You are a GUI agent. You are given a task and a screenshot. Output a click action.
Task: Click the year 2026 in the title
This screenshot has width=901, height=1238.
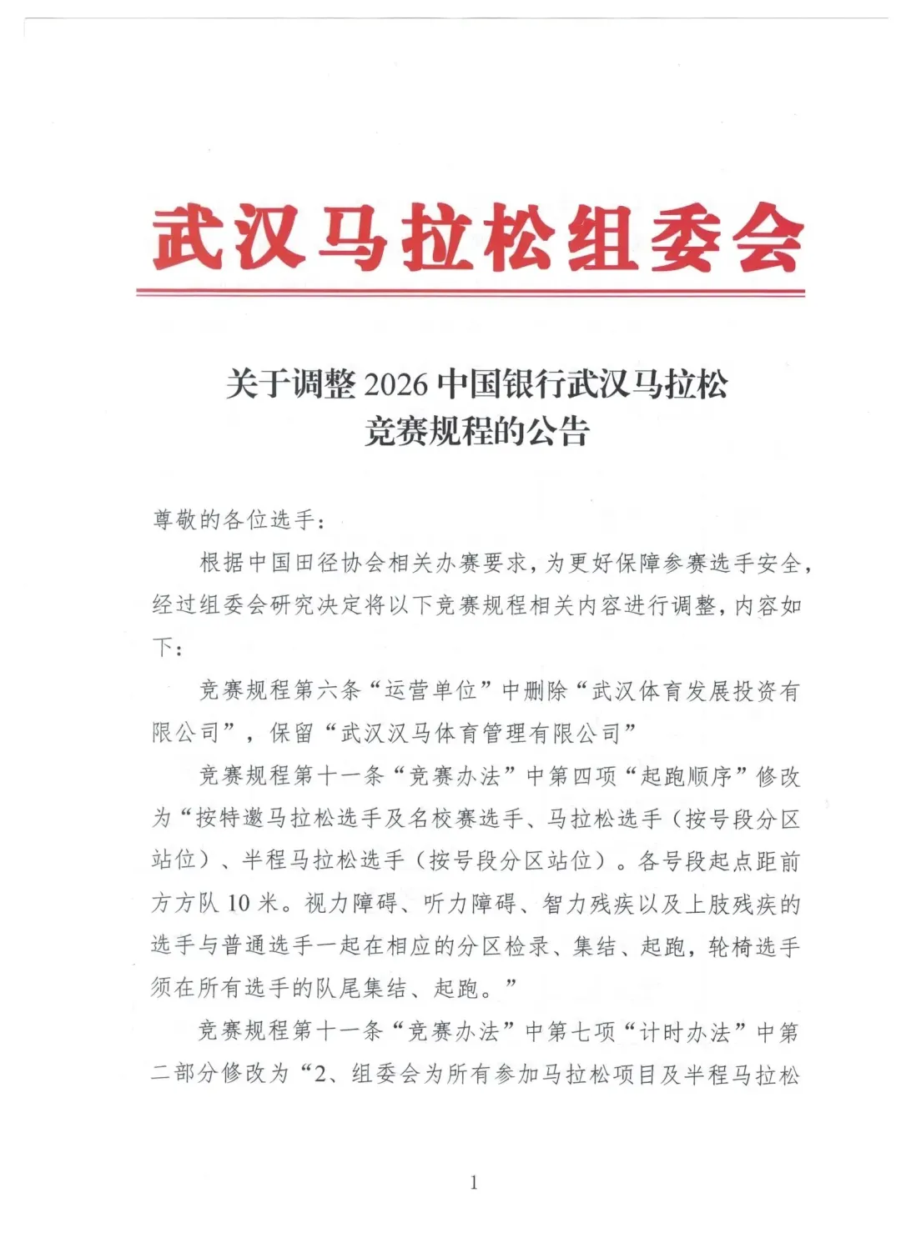396,384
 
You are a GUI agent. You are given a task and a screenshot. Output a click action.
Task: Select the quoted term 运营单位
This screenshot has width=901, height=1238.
430,690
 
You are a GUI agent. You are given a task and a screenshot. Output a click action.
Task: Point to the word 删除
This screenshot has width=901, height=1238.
546,690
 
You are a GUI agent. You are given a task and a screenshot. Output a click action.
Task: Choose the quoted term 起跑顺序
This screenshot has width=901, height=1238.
686,777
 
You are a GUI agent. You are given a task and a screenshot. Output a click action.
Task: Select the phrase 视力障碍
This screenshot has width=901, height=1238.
350,904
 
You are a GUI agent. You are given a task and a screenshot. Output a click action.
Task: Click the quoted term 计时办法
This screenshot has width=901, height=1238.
684,1032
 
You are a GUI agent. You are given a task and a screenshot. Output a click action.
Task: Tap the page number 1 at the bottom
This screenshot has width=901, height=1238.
474,1182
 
